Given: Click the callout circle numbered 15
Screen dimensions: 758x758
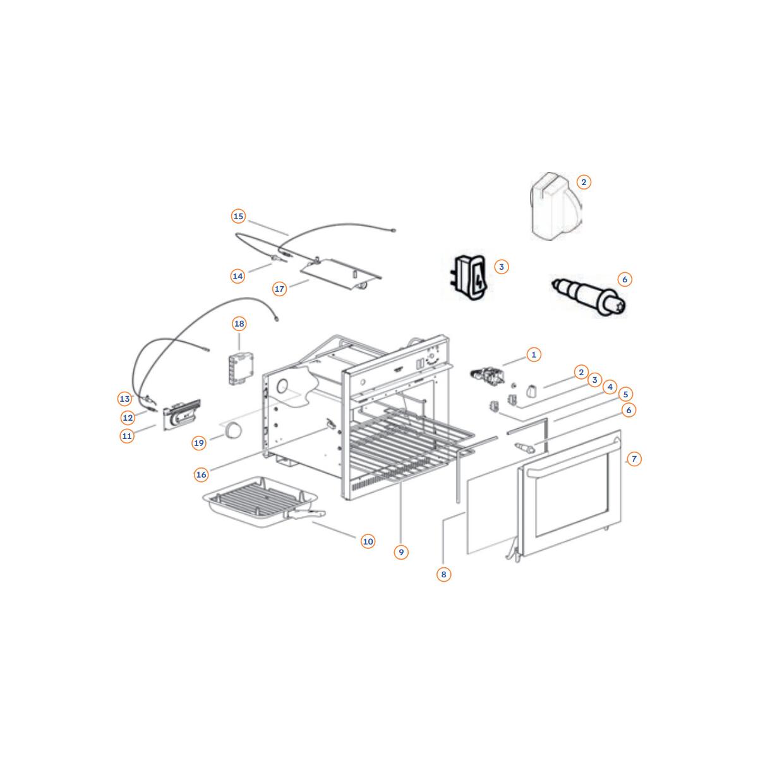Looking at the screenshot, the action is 238,217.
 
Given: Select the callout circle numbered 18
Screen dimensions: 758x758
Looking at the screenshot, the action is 239,324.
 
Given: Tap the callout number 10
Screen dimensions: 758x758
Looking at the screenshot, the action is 368,541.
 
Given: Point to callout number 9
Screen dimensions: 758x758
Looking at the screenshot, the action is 401,552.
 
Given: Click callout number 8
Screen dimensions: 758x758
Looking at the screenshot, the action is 443,574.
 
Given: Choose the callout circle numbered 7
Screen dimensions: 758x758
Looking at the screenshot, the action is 634,459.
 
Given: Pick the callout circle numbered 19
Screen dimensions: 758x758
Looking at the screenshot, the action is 199,443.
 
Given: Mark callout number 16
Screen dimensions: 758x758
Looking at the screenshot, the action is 201,475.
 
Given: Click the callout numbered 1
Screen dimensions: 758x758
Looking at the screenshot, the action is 534,354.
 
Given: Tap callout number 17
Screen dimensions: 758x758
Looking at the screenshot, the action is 279,289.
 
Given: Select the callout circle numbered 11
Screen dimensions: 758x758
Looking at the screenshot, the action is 127,436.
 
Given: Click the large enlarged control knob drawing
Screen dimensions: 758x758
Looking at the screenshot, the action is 555,206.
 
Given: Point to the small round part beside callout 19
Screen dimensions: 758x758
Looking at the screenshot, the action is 233,430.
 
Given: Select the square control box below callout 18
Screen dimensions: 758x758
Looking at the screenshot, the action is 241,368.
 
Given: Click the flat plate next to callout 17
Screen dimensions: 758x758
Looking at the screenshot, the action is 340,275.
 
